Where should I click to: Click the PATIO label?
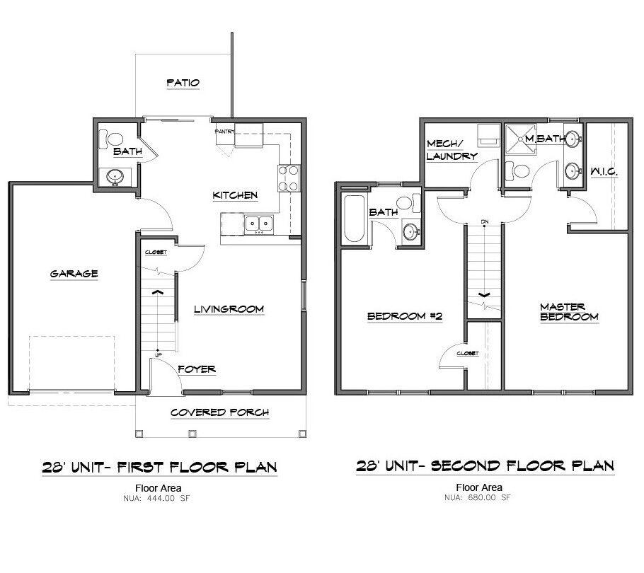[x=183, y=83]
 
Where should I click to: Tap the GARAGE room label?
[x=74, y=274]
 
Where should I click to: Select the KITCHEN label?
[x=235, y=195]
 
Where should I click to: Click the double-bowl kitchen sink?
[x=260, y=224]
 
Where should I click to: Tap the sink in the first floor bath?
[x=113, y=176]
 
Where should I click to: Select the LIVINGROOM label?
[x=229, y=309]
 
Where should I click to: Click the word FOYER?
[x=197, y=369]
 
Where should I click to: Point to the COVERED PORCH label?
[x=219, y=412]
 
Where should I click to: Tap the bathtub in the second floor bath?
[x=354, y=219]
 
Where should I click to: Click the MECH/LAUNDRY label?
[x=452, y=149]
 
